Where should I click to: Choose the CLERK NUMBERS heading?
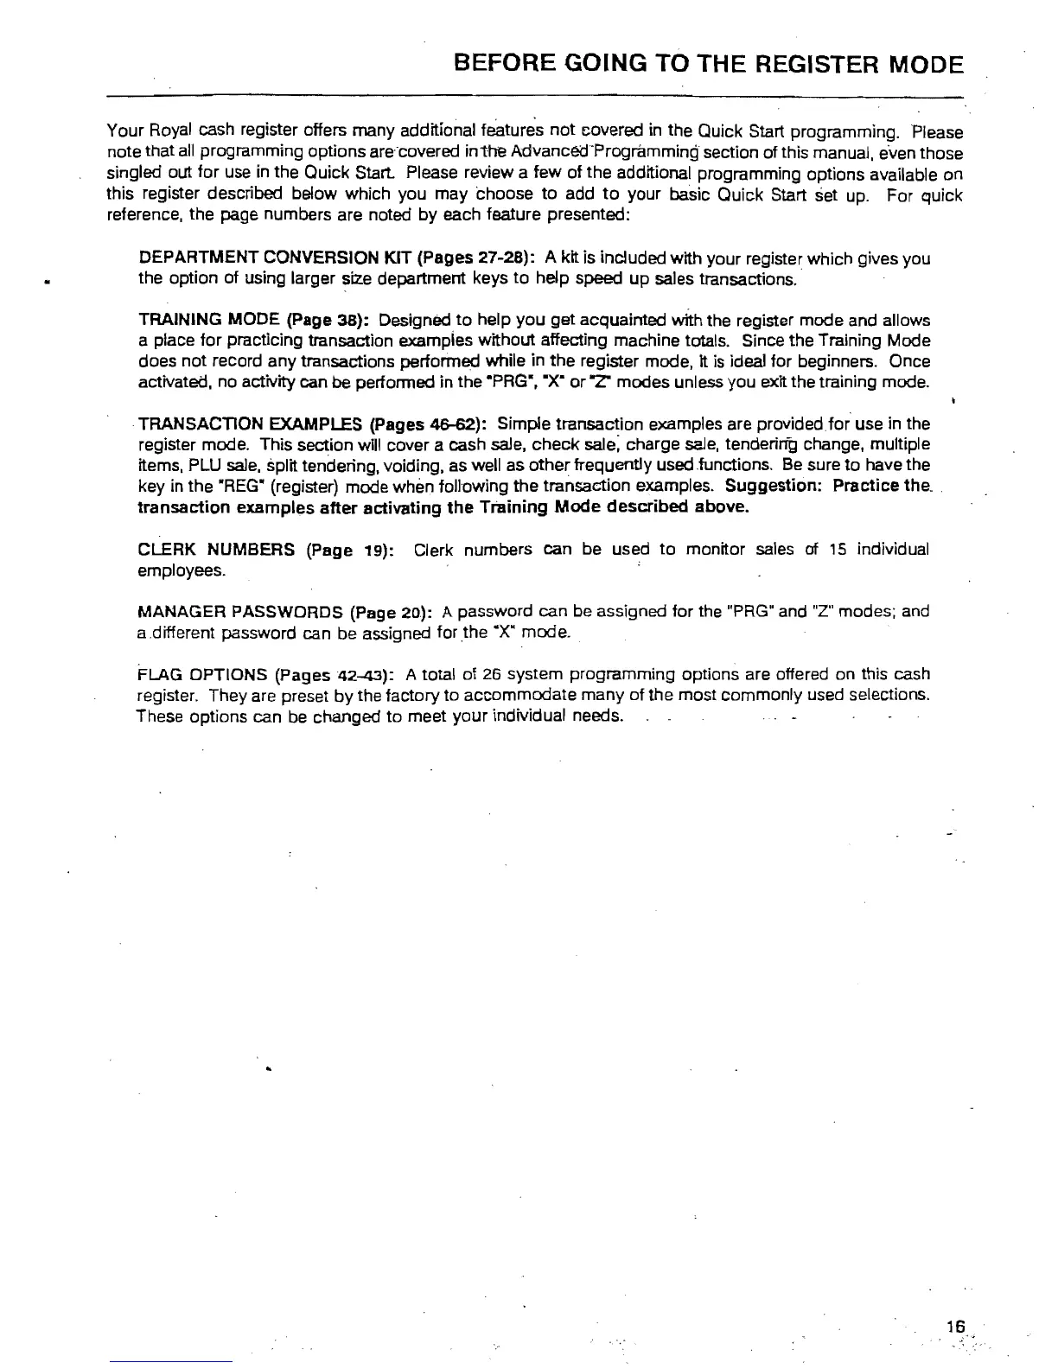click(216, 550)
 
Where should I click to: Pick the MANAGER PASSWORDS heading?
click(241, 613)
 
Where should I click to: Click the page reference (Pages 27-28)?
click(479, 258)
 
